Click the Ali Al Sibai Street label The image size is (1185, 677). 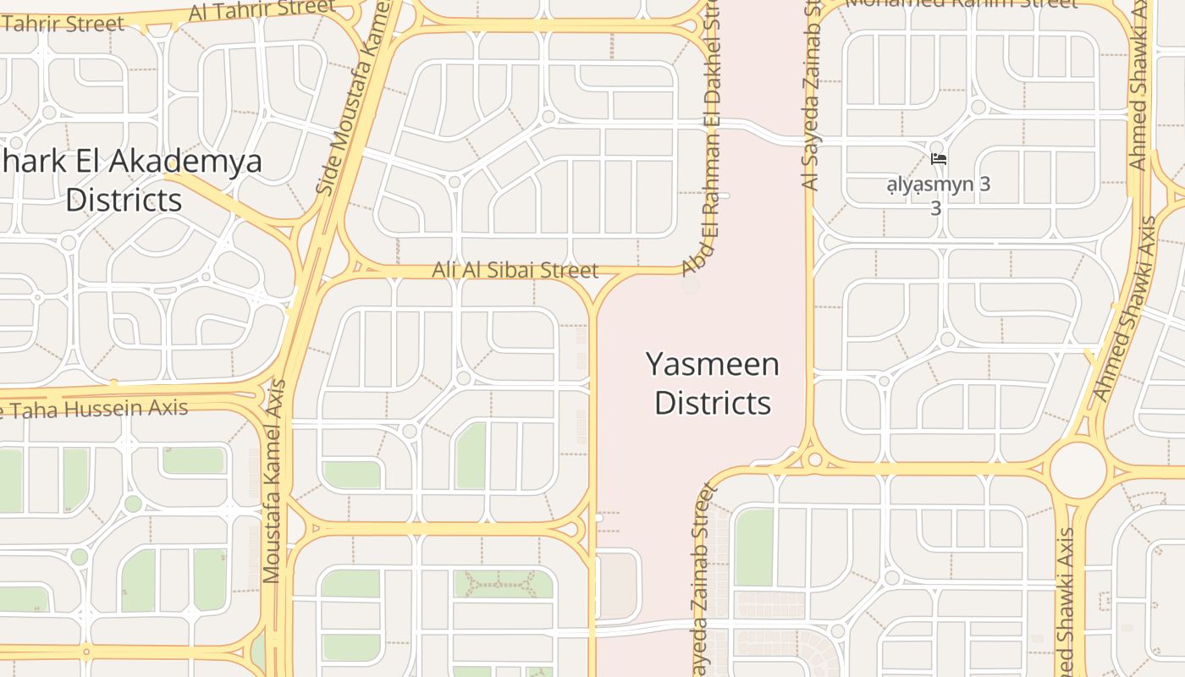[x=515, y=270]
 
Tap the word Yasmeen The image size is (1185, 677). [x=713, y=365]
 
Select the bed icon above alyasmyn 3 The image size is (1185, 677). [x=938, y=158]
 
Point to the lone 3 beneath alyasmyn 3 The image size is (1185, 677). [x=935, y=207]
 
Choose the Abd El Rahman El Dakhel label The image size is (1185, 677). [x=704, y=148]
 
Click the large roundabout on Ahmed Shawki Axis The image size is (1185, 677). [x=1078, y=469]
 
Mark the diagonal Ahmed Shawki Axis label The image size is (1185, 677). [x=1126, y=309]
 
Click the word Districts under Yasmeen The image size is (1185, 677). [x=713, y=403]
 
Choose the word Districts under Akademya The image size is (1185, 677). [x=124, y=201]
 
